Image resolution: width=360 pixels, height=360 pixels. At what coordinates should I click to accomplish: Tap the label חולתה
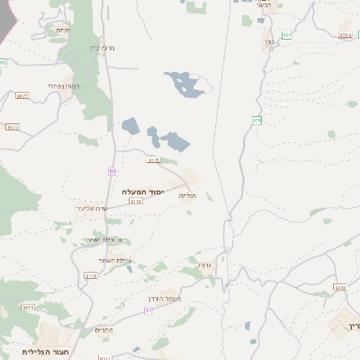pyautogui.click(x=187, y=195)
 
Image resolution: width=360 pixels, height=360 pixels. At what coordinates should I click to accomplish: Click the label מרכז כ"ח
pyautogui.click(x=101, y=48)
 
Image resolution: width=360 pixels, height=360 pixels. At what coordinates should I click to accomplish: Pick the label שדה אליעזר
pyautogui.click(x=94, y=208)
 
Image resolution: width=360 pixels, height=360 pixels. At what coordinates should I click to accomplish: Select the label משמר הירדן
pyautogui.click(x=162, y=298)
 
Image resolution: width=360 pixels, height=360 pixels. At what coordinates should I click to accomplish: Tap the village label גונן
pyautogui.click(x=268, y=42)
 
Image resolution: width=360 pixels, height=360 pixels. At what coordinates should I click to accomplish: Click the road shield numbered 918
pyautogui.click(x=256, y=120)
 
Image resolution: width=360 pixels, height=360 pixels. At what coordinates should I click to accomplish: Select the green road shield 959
pyautogui.click(x=286, y=34)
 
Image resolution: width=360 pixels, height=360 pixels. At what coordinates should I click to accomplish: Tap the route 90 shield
pyautogui.click(x=112, y=170)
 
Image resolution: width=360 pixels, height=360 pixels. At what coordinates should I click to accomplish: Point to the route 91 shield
pyautogui.click(x=148, y=310)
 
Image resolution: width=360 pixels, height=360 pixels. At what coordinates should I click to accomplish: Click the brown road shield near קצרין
pyautogui.click(x=339, y=288)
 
